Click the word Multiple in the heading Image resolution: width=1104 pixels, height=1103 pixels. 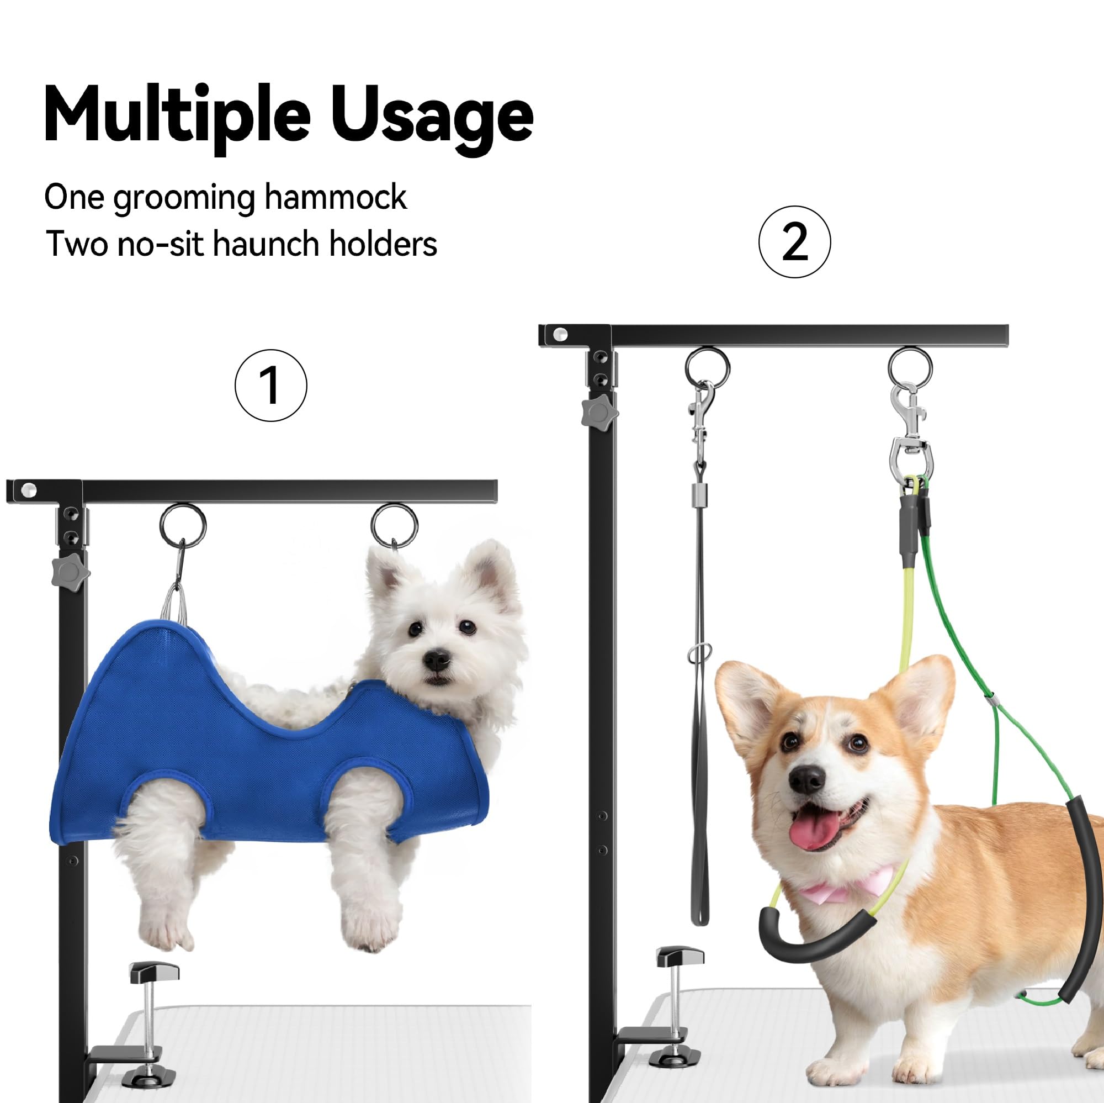click(x=177, y=114)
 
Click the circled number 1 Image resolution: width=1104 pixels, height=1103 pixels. click(x=271, y=386)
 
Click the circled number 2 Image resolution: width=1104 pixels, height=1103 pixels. click(x=794, y=242)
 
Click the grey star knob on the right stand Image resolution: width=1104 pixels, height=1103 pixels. click(x=599, y=411)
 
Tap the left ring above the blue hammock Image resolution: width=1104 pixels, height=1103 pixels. click(x=183, y=526)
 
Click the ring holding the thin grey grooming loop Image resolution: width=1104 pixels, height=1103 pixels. click(x=708, y=369)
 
